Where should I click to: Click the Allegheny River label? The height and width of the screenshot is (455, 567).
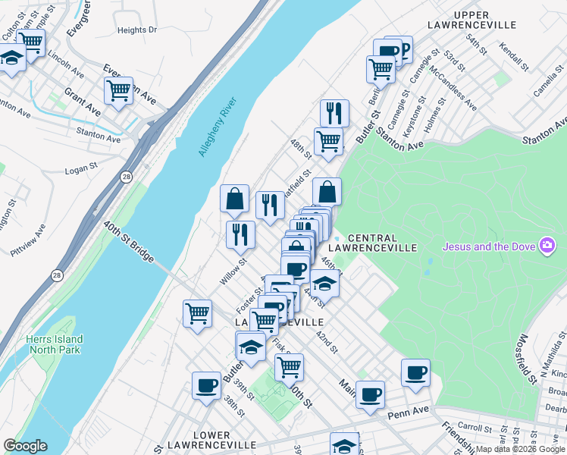(x=218, y=127)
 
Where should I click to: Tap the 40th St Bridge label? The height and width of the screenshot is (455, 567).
(x=129, y=242)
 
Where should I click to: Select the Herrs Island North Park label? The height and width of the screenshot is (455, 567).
(x=53, y=344)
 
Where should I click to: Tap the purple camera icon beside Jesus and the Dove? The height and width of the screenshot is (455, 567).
(x=547, y=245)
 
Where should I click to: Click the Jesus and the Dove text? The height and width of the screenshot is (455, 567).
(x=489, y=246)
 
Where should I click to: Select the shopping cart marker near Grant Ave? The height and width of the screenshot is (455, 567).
(x=118, y=91)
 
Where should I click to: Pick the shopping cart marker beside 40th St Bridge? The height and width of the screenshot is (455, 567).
(x=197, y=312)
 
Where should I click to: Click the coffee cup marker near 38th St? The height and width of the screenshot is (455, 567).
(x=206, y=384)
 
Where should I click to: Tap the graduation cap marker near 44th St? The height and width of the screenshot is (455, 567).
(x=324, y=283)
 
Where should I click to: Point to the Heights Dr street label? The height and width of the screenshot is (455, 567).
(x=136, y=30)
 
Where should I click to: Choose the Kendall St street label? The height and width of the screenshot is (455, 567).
(x=512, y=55)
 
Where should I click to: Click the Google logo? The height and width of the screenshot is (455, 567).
(x=25, y=446)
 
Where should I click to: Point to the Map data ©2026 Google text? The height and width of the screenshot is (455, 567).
(x=520, y=449)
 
